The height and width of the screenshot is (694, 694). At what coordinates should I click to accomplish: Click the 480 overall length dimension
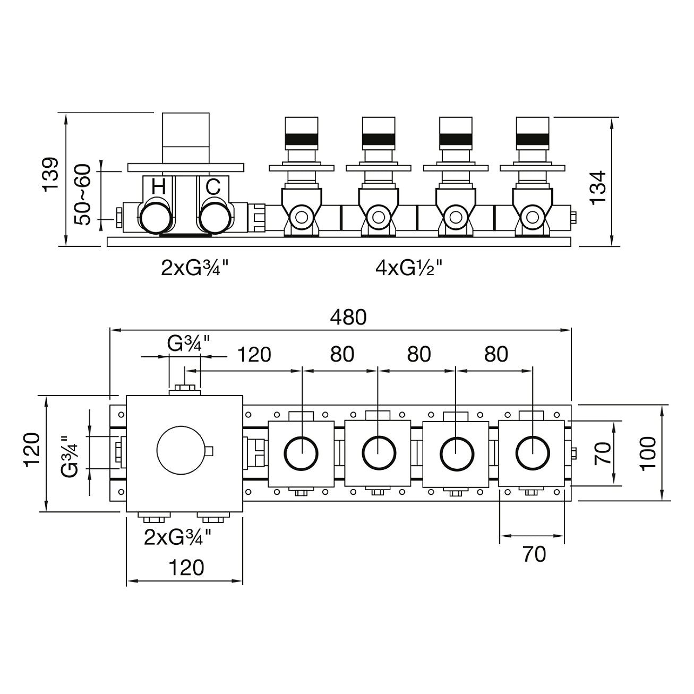pos(348,317)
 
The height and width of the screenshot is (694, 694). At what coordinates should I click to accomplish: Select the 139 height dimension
pos(50,175)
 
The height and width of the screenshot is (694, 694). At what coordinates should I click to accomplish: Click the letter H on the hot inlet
pos(159,187)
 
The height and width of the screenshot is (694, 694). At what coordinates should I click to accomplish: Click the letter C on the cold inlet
pos(213,187)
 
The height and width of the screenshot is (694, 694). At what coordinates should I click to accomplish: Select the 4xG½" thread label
pos(409,268)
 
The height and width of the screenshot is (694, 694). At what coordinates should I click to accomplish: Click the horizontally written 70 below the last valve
pos(534,554)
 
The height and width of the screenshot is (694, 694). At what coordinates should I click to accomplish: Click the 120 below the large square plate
pos(186,568)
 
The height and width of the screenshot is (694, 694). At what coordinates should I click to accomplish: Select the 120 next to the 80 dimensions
pos(254,354)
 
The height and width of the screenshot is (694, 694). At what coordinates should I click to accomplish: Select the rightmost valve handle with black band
pos(532,133)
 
